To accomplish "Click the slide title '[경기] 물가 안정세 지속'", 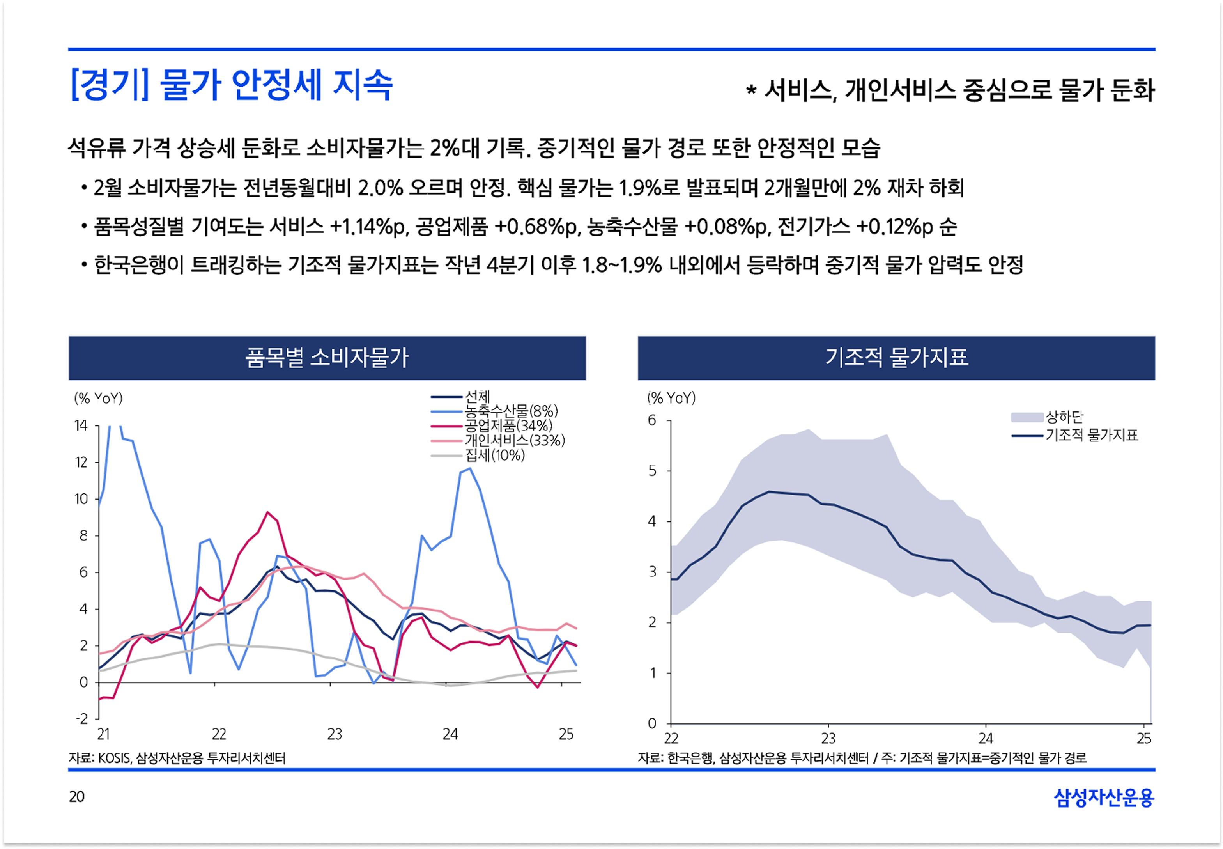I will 231,85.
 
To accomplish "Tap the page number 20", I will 76,796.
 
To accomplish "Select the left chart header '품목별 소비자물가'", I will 327,358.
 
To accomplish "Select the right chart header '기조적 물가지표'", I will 897,358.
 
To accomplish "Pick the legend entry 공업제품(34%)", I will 508,425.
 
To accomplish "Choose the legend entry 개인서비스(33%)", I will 515,440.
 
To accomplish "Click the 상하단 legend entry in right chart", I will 1064,417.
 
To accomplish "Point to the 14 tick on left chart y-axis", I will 81,425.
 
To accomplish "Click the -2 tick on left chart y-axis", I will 82,719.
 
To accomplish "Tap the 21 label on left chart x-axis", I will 104,735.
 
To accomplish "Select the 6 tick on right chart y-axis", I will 653,420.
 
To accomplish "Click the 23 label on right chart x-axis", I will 828,738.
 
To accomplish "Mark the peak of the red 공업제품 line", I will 267,512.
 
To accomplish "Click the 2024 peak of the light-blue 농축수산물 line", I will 469,469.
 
